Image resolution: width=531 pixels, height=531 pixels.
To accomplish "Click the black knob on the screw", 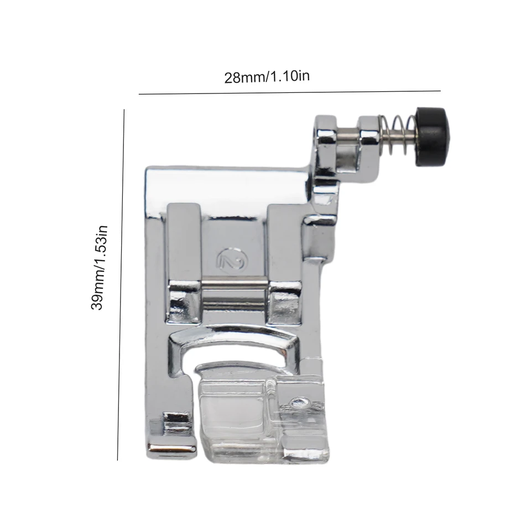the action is pos(433,136).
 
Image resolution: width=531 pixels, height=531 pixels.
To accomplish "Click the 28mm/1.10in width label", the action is pos(267,76).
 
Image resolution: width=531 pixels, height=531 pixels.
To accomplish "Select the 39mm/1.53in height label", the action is pos(99,268).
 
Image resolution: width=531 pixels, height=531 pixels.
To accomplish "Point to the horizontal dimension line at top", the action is pos(289,92).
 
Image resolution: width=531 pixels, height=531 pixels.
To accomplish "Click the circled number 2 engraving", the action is pos(232,259).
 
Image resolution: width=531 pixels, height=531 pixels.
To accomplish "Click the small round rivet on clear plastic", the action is pos(299,402).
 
